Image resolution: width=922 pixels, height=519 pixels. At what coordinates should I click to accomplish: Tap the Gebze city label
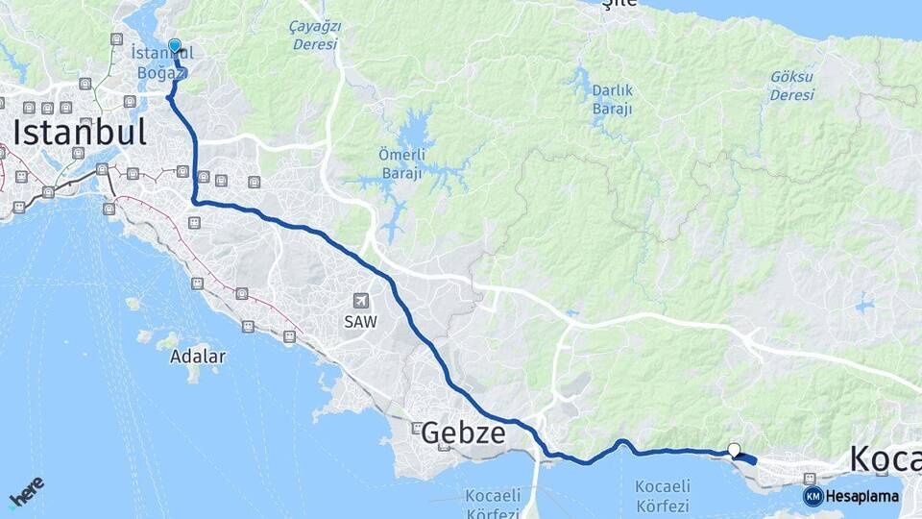point(463,433)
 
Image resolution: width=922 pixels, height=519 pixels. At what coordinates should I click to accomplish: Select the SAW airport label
point(361,322)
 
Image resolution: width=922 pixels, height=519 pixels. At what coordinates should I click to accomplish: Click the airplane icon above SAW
point(361,301)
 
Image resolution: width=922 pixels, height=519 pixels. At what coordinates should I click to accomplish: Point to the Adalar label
point(197,357)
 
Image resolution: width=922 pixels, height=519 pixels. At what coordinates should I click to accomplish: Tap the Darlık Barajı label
point(612,99)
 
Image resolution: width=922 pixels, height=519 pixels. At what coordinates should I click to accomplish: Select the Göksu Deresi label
point(791,86)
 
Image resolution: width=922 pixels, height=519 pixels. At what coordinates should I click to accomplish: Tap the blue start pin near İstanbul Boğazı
point(175,46)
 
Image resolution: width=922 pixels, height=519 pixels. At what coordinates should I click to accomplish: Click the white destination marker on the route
point(735,449)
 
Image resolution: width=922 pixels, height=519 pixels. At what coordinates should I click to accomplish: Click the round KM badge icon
point(813,496)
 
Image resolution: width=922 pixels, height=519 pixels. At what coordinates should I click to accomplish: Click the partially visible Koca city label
point(885,459)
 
